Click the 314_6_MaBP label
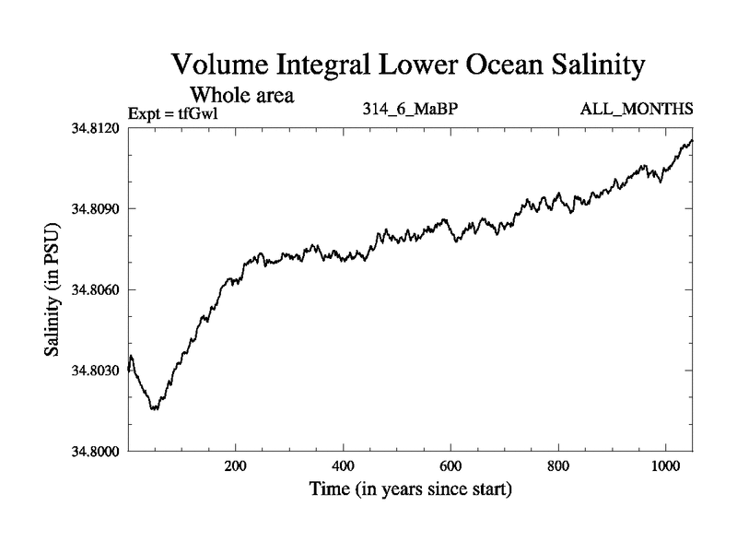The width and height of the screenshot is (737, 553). pos(411,111)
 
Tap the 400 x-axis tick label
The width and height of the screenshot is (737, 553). pos(344,466)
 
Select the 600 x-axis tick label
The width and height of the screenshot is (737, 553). pos(450,466)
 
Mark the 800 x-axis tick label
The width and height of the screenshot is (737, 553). pos(558,466)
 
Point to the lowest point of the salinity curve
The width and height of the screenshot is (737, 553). pos(154,408)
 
